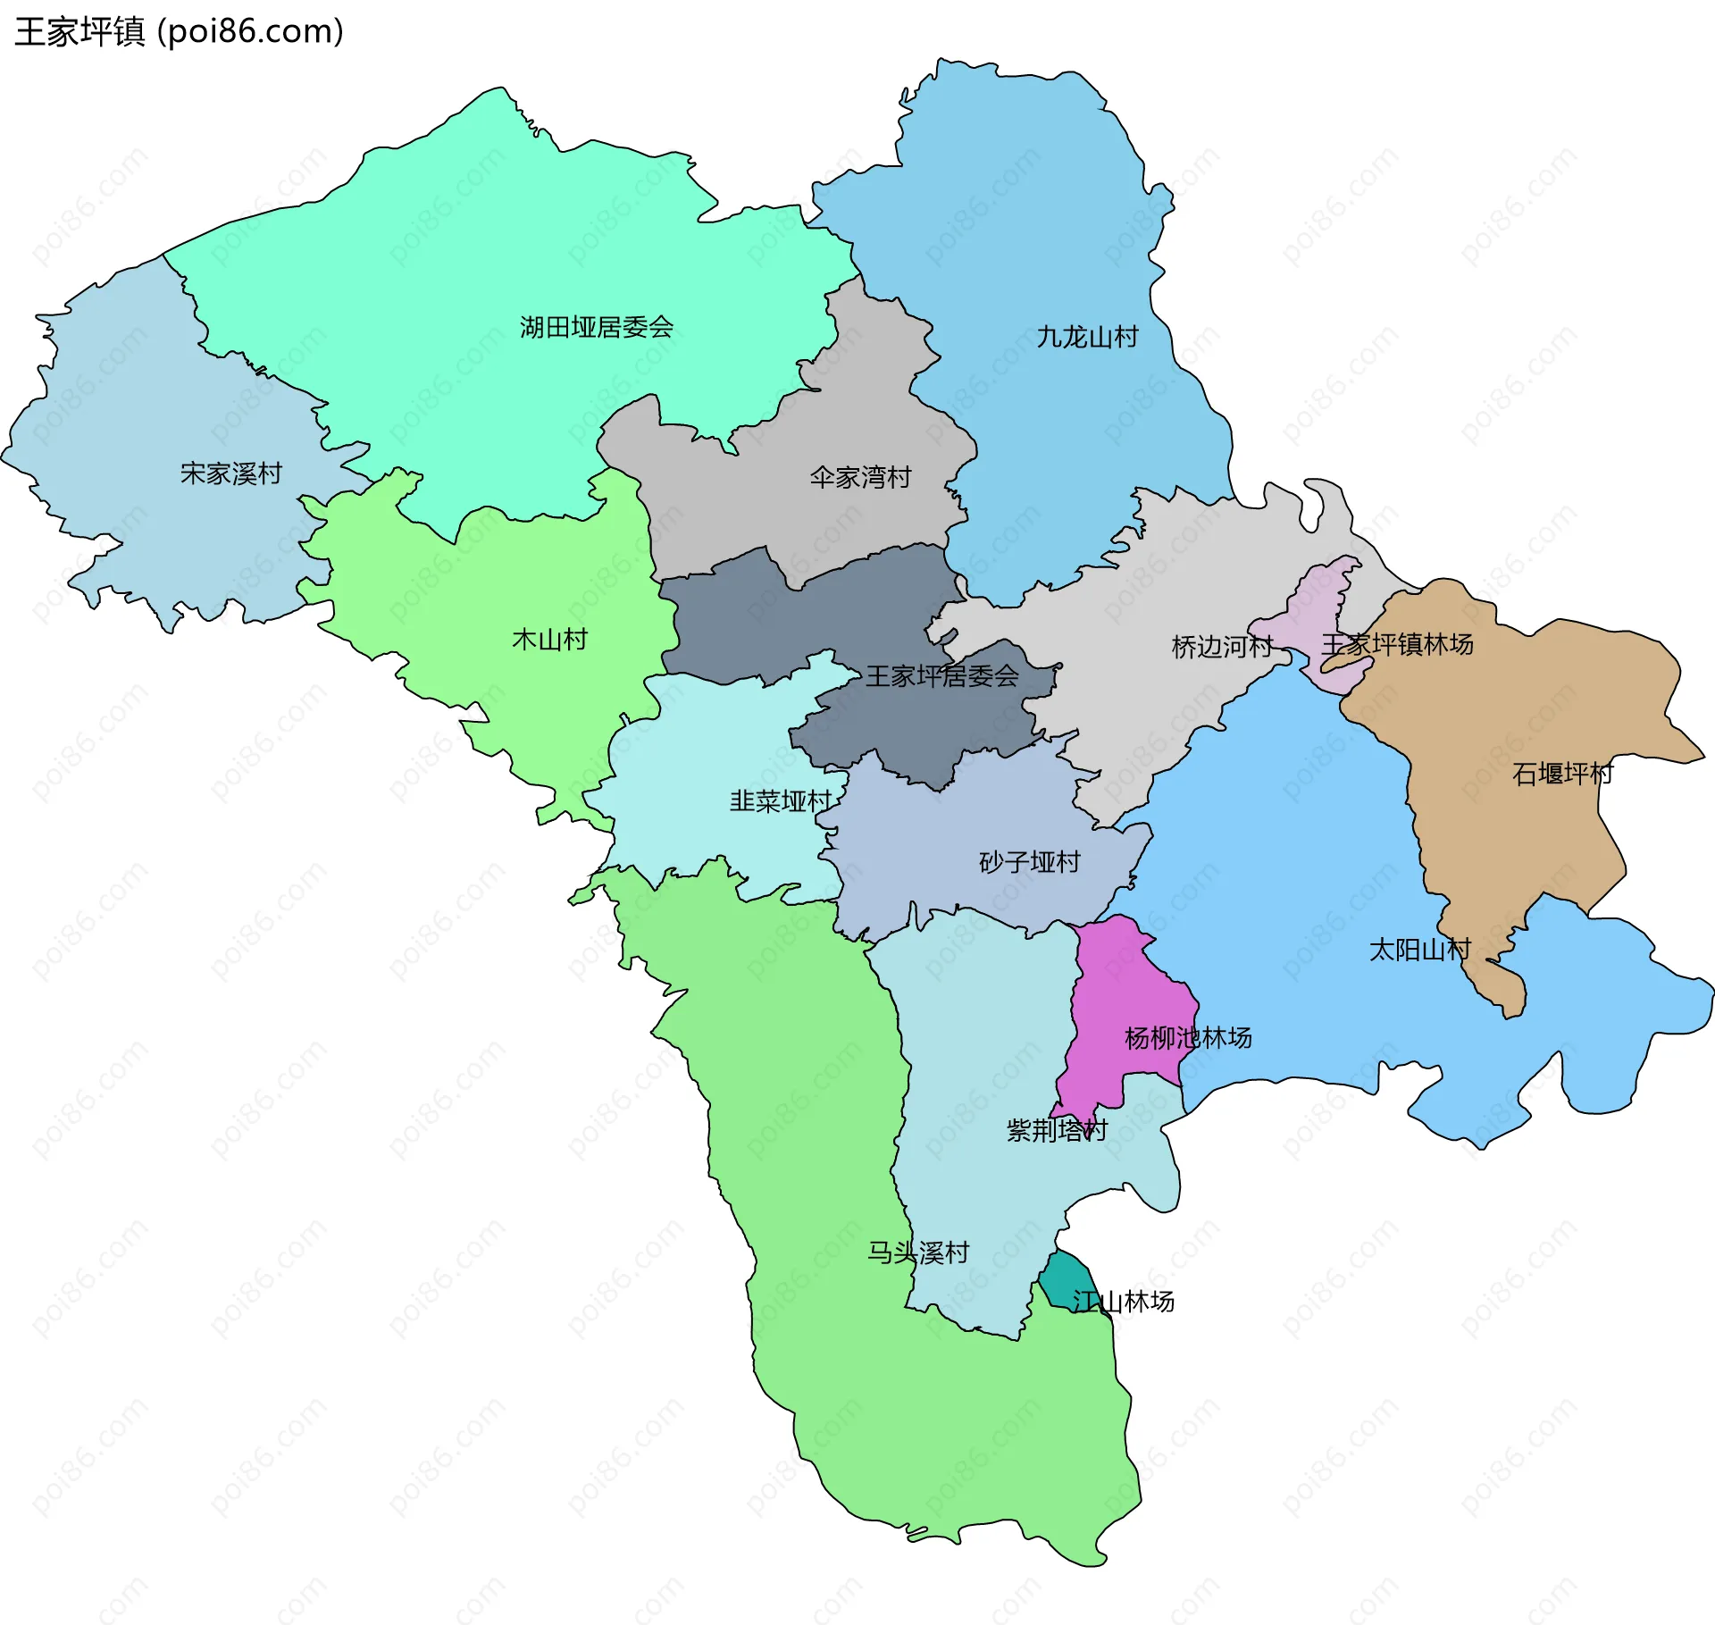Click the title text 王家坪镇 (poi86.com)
click(179, 31)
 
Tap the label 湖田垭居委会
click(596, 327)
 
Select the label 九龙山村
click(1087, 337)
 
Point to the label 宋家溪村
click(231, 473)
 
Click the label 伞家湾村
click(860, 477)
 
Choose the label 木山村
click(549, 640)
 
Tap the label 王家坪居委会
click(941, 675)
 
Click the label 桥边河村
click(1221, 647)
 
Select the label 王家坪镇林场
click(1397, 644)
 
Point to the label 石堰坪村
click(1562, 774)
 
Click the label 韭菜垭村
click(780, 801)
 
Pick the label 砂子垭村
click(1029, 862)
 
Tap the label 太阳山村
click(1419, 950)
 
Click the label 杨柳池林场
click(1187, 1038)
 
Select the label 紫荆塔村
click(1057, 1131)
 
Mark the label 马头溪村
click(918, 1252)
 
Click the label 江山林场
click(1123, 1302)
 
